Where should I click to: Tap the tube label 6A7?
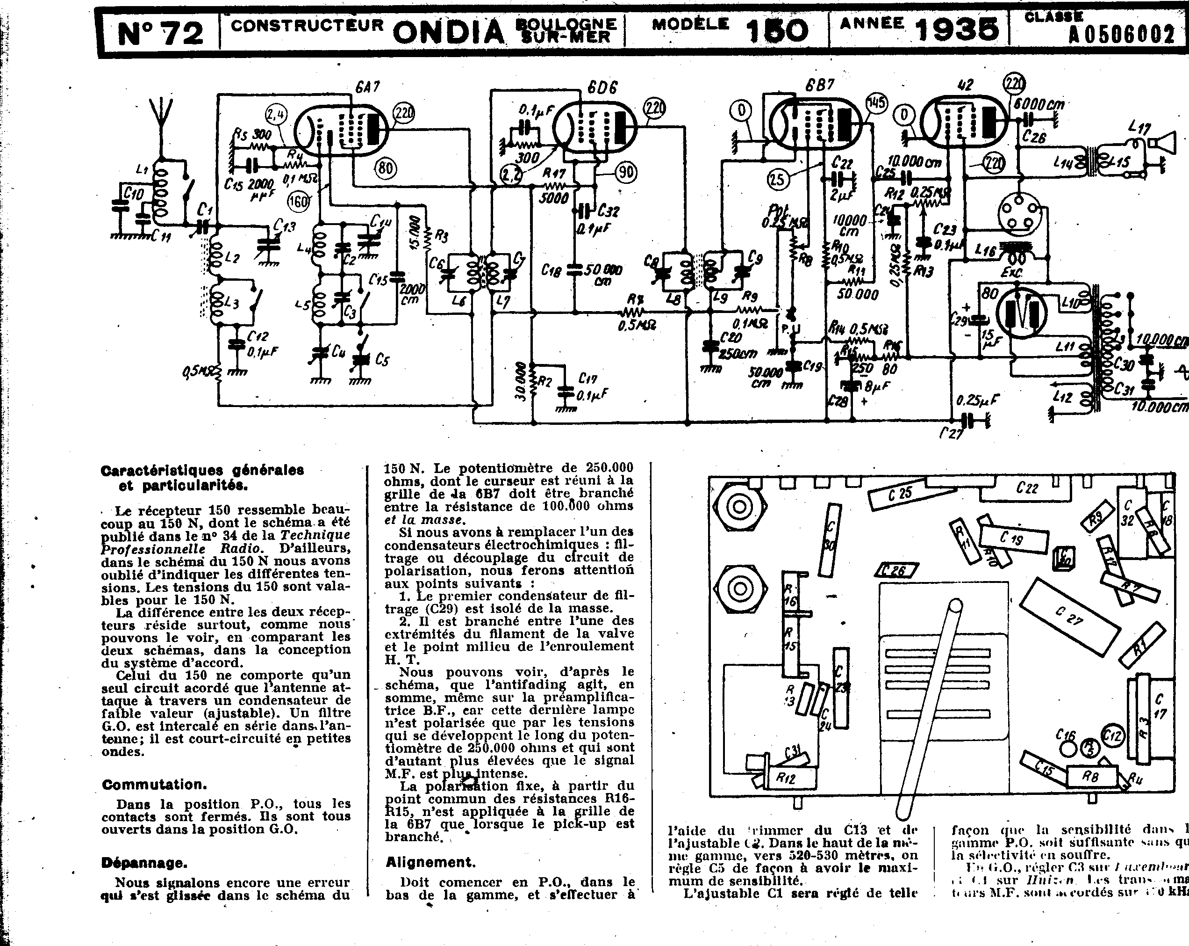click(368, 87)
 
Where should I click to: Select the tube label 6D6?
click(602, 87)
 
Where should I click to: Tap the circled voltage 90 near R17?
click(625, 173)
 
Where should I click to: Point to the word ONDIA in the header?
click(448, 31)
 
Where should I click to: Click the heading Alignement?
click(430, 862)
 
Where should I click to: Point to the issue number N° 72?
click(160, 33)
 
